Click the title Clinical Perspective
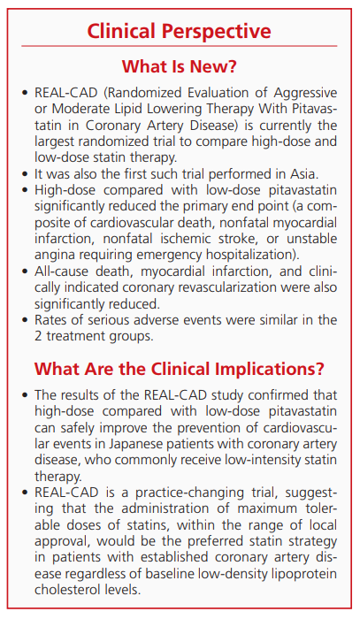tap(179, 32)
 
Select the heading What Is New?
tap(179, 66)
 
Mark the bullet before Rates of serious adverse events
tap(20, 320)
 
